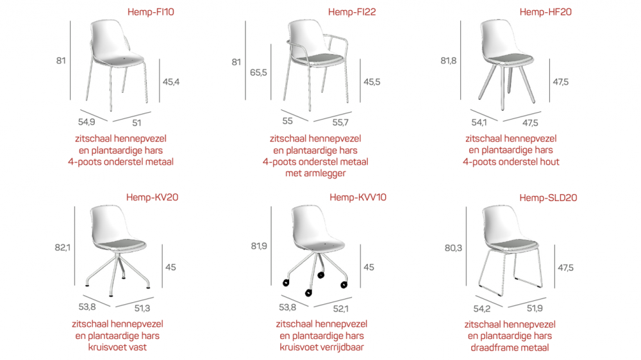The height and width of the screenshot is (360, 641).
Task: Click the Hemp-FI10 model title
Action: tap(151, 12)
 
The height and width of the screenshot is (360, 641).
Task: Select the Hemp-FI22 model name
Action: tap(352, 12)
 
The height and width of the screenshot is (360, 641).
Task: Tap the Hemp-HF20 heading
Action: tap(545, 12)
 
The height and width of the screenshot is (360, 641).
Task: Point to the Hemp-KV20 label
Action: tap(152, 197)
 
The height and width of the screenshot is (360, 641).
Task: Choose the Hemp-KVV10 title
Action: tap(358, 197)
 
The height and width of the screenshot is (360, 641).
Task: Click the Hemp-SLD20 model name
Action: tap(548, 198)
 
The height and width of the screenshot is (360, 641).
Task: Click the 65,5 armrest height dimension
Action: tap(258, 73)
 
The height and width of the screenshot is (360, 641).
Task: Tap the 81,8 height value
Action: tap(449, 61)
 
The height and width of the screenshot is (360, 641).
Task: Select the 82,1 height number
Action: tap(63, 248)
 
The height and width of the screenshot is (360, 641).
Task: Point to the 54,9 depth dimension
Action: tap(87, 122)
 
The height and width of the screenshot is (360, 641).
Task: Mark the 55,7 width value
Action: tap(340, 122)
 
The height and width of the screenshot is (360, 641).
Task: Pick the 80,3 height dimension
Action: tap(453, 248)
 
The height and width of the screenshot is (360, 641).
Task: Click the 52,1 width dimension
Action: tap(341, 309)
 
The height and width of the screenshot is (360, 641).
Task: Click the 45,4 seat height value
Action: tap(171, 82)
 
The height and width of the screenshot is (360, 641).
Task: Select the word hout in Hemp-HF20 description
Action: tap(549, 162)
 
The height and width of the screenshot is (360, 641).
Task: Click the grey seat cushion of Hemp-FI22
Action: tap(318, 59)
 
